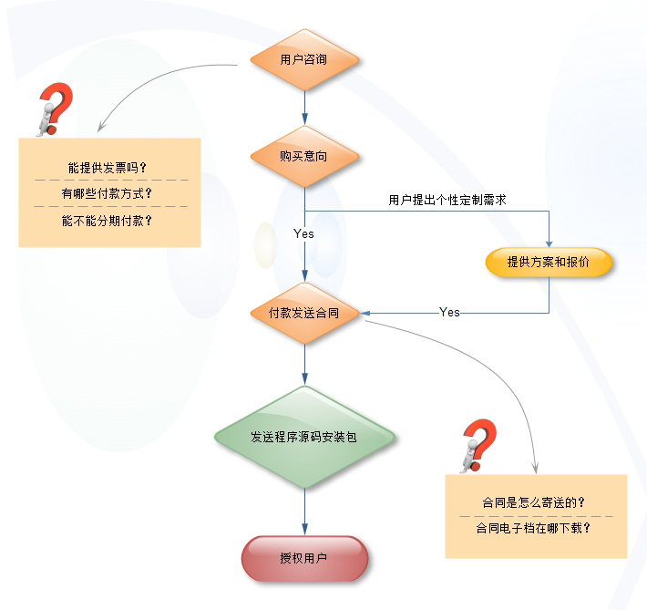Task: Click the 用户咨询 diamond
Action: click(x=304, y=60)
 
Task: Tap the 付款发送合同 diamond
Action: click(x=304, y=313)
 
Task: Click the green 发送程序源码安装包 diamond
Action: click(x=304, y=437)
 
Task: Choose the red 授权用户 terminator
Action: click(x=304, y=558)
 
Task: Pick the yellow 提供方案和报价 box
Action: click(x=549, y=262)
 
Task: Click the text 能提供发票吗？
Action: click(x=108, y=168)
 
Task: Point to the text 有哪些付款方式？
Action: click(x=108, y=193)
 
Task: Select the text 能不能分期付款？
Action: click(x=108, y=220)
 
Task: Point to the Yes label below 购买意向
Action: click(x=303, y=234)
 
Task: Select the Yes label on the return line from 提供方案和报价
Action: click(x=449, y=313)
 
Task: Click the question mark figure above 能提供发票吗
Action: click(x=53, y=109)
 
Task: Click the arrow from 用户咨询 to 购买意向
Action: click(x=304, y=109)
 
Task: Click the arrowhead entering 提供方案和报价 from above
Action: click(x=549, y=243)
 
